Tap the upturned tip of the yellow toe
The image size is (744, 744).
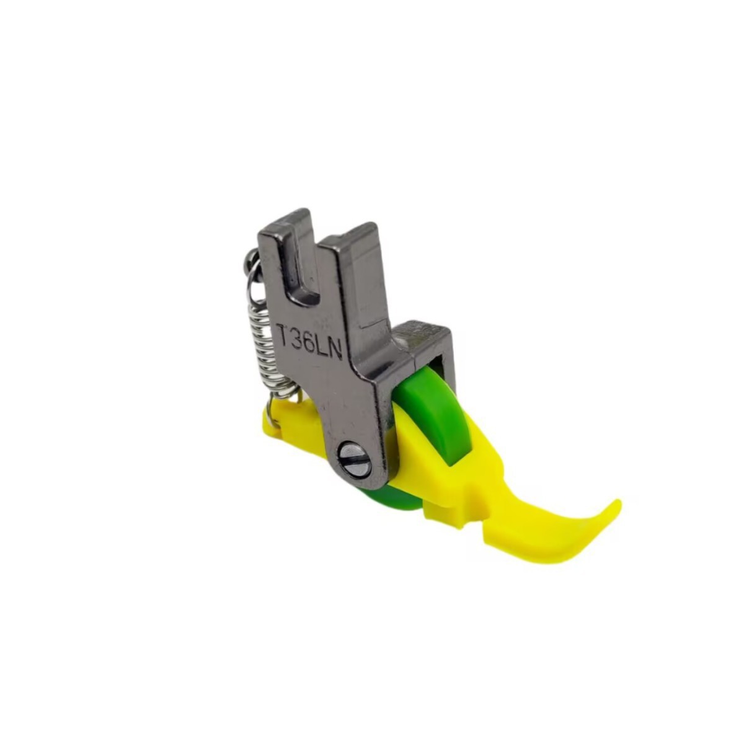616,505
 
